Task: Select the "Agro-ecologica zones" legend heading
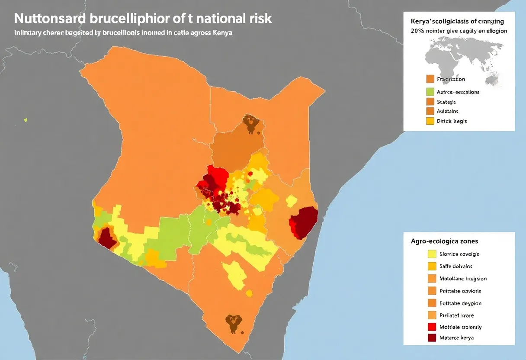tap(447, 241)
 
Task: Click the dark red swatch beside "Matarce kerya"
tap(431, 337)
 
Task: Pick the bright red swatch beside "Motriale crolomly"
tap(431, 327)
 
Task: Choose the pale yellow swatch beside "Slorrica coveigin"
tap(431, 254)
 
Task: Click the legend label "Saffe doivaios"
tap(455, 267)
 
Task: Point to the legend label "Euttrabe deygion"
tap(460, 303)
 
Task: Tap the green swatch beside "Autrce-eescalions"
tap(430, 92)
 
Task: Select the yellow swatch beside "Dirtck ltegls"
tap(430, 121)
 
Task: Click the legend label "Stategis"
tap(446, 102)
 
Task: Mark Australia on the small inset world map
tap(492, 79)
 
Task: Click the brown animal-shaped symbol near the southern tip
tap(233, 323)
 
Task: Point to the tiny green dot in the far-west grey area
tap(26, 120)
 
